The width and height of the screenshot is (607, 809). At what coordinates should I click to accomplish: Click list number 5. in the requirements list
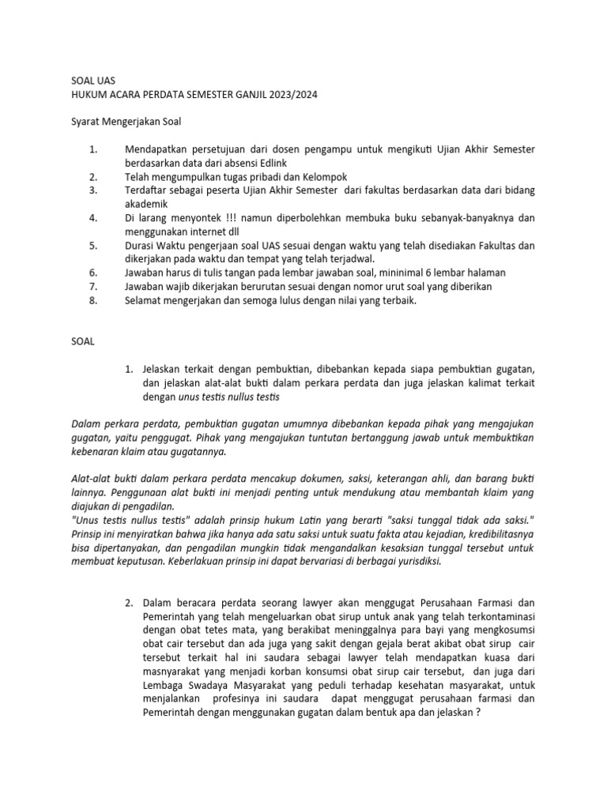[92, 245]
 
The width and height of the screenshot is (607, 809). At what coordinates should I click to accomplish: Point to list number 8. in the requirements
[92, 299]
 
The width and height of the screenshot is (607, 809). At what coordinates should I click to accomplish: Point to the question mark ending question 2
[479, 711]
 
